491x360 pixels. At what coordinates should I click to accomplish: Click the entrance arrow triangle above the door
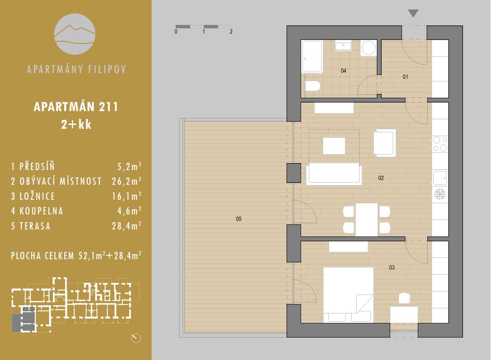coord(413,13)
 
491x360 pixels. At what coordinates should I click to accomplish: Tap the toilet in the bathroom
coord(313,86)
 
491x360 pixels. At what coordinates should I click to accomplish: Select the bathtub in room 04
coord(312,56)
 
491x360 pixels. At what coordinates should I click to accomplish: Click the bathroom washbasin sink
coord(343,45)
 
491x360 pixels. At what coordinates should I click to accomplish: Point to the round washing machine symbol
coord(369,48)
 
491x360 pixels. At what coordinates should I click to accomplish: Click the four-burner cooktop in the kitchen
coord(440,144)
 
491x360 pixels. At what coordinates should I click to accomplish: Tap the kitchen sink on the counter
coord(440,178)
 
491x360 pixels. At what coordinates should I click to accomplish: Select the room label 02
coord(381,178)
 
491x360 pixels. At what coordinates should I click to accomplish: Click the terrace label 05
coord(239,219)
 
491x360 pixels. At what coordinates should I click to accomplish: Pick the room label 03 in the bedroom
coord(392,267)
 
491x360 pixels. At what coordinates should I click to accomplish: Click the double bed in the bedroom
coord(348,295)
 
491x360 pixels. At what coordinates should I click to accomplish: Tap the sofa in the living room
coord(334,174)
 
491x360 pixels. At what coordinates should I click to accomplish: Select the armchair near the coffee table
coord(385,143)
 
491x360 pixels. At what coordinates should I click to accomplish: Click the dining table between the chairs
coord(367,220)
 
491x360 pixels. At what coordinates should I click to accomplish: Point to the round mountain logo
coord(75,34)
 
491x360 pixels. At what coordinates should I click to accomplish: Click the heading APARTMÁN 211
coord(76,107)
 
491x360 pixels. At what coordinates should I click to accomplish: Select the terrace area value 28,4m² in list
coord(127,226)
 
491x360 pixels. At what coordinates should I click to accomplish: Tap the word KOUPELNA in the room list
coord(41,211)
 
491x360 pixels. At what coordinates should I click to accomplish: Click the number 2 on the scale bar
coord(231,31)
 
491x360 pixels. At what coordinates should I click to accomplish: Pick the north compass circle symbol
coord(136,338)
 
